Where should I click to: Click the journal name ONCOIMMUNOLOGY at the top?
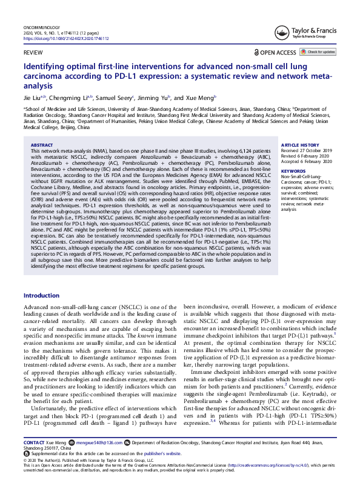(x=41, y=9)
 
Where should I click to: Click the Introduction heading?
(x=41, y=296)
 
